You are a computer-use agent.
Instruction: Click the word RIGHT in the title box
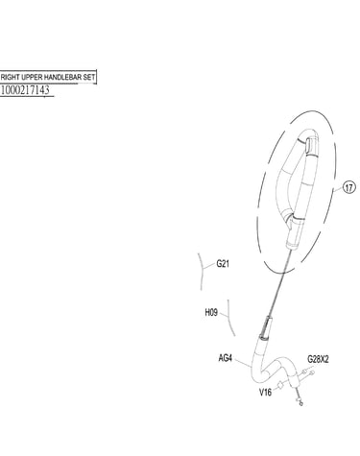click(11, 77)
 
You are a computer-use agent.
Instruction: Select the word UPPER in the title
click(32, 77)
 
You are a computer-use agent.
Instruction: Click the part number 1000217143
click(25, 90)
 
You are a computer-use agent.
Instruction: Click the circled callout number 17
click(348, 187)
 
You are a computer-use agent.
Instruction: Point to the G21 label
click(223, 264)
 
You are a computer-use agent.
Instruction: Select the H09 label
click(211, 312)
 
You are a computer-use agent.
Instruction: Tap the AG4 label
click(225, 358)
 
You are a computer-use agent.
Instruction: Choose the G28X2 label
click(318, 359)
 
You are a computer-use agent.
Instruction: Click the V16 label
click(265, 392)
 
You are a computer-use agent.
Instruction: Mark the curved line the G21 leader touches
click(202, 272)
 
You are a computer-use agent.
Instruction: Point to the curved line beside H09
click(230, 318)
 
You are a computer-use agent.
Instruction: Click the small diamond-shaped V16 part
click(280, 385)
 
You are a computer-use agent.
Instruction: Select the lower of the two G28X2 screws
click(312, 372)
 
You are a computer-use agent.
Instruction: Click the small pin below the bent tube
click(300, 399)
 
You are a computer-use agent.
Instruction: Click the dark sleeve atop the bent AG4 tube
click(266, 327)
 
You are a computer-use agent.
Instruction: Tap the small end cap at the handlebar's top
click(311, 145)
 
